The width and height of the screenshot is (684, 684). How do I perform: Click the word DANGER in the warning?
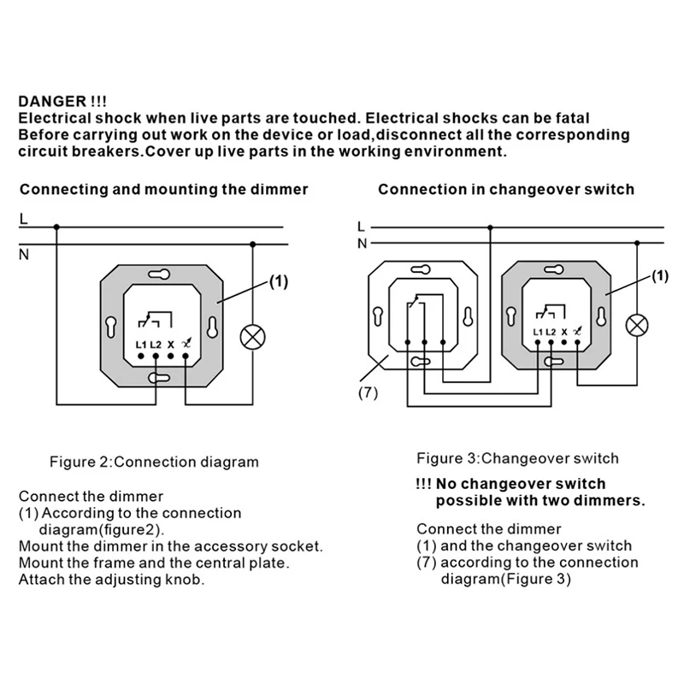50,100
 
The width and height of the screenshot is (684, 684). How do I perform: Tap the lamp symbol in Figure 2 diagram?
252,335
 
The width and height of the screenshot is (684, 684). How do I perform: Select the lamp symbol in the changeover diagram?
636,324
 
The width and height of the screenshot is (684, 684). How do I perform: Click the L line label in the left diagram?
23,220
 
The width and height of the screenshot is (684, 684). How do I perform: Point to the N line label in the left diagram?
23,254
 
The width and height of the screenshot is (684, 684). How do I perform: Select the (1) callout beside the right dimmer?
659,275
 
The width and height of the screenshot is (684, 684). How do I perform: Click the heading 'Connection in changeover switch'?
506,189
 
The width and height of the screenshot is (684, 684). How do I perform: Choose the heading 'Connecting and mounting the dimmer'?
163,189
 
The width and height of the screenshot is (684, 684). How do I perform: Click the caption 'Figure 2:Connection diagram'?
153,462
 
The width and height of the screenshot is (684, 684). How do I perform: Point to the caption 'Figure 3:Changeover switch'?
517,458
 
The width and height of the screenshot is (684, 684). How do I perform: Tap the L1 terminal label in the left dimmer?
141,345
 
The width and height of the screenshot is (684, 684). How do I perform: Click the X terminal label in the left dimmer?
171,345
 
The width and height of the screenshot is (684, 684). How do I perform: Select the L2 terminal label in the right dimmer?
551,332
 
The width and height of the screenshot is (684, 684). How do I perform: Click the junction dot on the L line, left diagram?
56,227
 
